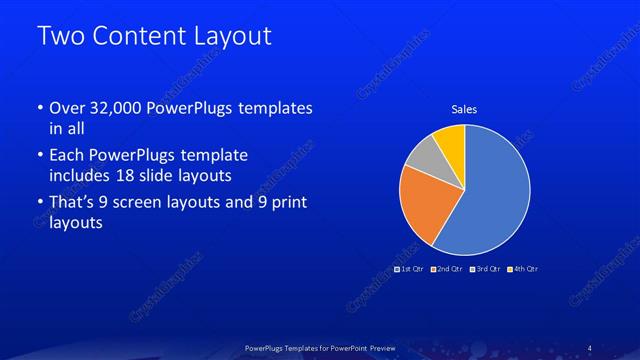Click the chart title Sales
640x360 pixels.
[463, 108]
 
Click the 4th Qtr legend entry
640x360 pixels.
[523, 269]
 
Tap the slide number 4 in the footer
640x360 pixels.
[589, 347]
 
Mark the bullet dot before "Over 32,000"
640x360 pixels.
[39, 108]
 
